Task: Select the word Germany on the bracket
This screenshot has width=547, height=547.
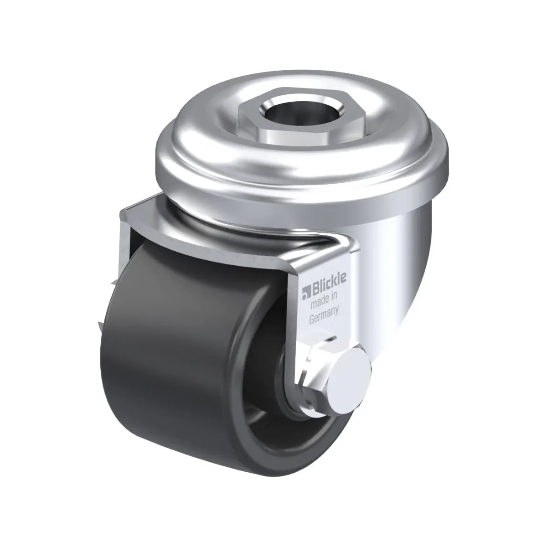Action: click(324, 315)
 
